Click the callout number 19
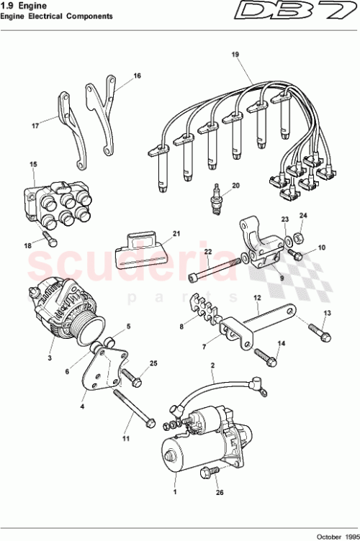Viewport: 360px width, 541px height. pyautogui.click(x=234, y=55)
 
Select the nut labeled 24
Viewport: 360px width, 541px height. pyautogui.click(x=303, y=236)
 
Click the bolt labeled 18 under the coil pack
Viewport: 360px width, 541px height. pyautogui.click(x=49, y=236)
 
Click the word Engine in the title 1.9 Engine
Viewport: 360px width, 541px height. pyautogui.click(x=30, y=5)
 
